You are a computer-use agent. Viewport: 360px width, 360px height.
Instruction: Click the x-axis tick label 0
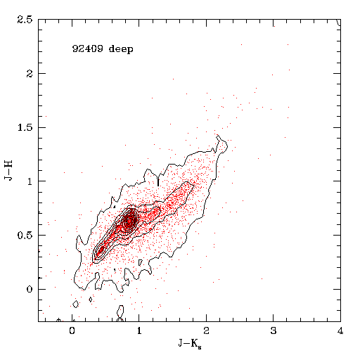click(72, 330)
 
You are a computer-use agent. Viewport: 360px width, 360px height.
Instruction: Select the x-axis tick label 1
click(139, 330)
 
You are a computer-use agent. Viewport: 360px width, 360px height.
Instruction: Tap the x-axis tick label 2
click(206, 330)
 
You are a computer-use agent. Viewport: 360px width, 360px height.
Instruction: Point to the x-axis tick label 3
click(274, 330)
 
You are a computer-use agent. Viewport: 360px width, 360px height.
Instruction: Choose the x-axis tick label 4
click(340, 330)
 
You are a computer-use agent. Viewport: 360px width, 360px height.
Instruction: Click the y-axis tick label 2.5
click(25, 20)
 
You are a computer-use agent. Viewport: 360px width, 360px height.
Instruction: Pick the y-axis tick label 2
click(30, 74)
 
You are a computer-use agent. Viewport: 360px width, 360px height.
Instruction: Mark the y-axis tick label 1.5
click(25, 127)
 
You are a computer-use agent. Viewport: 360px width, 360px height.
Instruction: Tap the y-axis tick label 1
click(30, 181)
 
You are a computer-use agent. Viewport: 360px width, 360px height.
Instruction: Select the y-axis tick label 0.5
click(25, 236)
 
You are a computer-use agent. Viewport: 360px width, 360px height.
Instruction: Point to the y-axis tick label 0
click(30, 289)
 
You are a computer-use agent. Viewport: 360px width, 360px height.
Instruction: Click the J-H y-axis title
click(8, 170)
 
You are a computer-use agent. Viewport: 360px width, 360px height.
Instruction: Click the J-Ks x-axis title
click(190, 343)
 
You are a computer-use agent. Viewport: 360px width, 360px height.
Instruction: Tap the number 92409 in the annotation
click(87, 49)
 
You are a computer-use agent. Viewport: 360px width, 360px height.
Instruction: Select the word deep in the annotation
click(121, 49)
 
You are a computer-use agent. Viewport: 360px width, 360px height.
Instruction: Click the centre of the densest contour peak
click(129, 220)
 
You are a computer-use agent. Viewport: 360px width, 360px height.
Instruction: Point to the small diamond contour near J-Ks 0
click(75, 304)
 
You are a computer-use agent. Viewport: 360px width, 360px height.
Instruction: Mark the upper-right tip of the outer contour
click(218, 135)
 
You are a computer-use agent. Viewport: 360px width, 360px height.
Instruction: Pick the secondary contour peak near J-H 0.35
click(101, 250)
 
